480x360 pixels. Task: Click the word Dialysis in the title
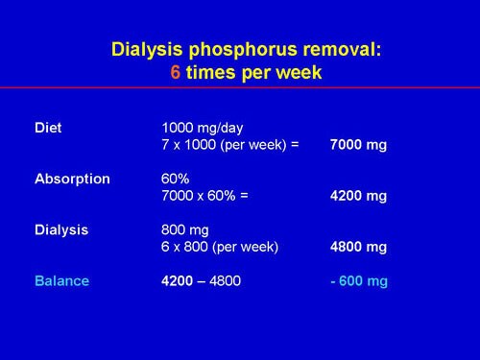click(144, 48)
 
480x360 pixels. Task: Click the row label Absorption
click(71, 179)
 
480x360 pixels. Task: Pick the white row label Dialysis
click(61, 229)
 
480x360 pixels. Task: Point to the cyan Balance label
click(61, 281)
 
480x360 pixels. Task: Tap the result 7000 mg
click(357, 145)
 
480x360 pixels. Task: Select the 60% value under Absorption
click(176, 179)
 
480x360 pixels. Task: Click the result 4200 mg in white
click(357, 196)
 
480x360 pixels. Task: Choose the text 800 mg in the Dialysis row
click(185, 229)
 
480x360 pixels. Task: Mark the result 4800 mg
click(357, 247)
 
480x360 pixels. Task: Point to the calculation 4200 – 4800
click(202, 281)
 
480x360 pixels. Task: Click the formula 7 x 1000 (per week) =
click(230, 145)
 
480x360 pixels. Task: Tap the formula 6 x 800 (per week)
click(220, 247)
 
